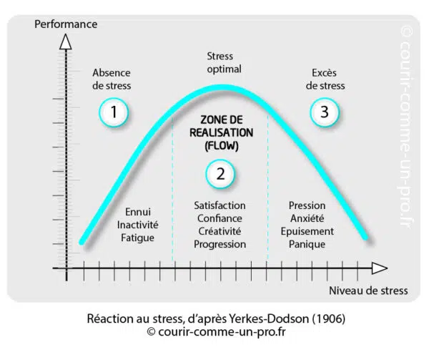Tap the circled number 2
coord(220,173)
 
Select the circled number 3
coord(325,112)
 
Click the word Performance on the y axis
coord(66,24)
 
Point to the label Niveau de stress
coord(369,291)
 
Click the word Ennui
coord(137,212)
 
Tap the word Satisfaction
coord(220,205)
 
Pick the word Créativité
coord(220,231)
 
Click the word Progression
coord(220,244)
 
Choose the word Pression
coord(307,205)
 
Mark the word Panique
coord(307,244)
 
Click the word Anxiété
coord(307,218)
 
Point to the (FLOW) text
coord(220,145)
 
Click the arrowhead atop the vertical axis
coord(66,42)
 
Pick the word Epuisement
coord(307,231)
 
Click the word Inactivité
coord(137,225)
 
